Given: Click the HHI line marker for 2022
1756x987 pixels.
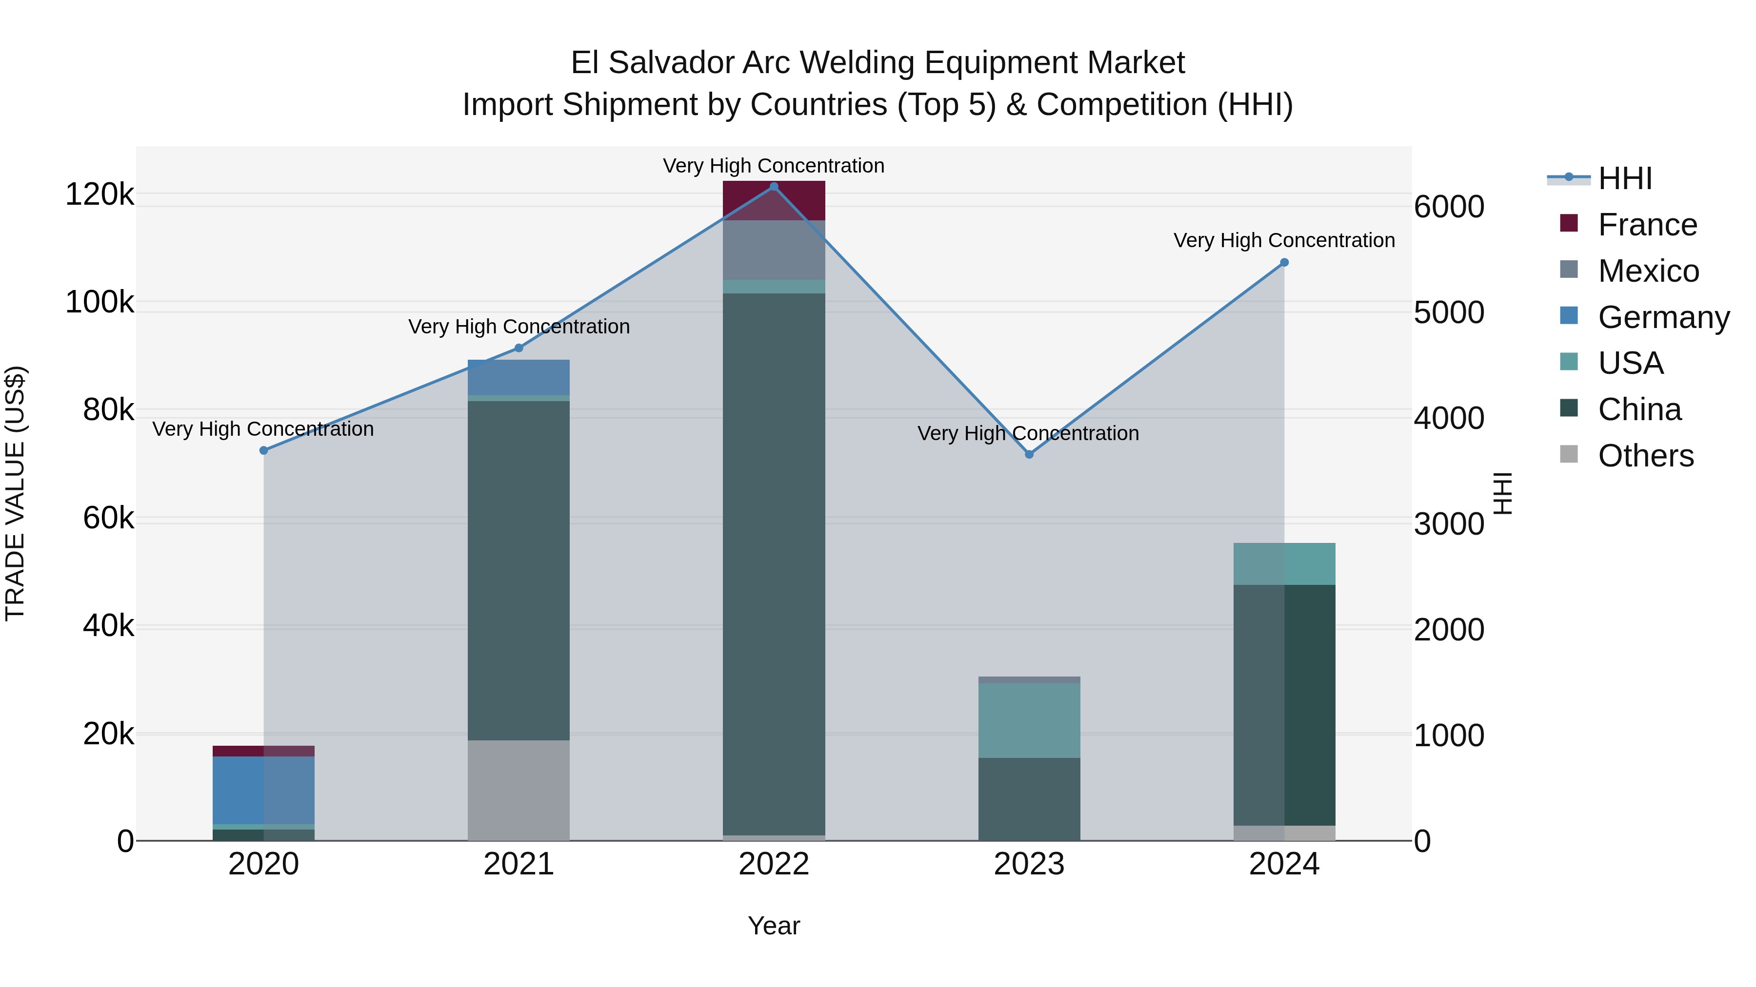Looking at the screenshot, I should pos(774,187).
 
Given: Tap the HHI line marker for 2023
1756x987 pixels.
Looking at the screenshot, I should pos(1029,454).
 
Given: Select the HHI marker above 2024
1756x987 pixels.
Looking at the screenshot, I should pos(1284,262).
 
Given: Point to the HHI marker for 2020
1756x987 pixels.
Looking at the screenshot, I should pos(264,450).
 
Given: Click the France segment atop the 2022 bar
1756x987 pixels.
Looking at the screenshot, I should pos(774,200).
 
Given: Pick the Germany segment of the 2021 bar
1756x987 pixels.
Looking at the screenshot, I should pos(519,377).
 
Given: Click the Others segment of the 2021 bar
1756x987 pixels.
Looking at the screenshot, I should pos(519,790).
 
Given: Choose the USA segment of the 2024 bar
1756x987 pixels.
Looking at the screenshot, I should pos(1284,563).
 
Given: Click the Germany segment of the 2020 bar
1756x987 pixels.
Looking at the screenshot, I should pos(264,790).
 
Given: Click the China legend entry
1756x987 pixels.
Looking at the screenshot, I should pos(1639,409).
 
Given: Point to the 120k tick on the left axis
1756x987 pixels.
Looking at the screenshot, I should pos(100,195).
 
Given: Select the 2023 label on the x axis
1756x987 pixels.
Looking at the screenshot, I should pos(1029,864).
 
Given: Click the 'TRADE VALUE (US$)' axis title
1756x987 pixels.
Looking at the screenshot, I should pos(15,493).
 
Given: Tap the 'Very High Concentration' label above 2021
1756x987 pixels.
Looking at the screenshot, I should pos(519,327).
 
